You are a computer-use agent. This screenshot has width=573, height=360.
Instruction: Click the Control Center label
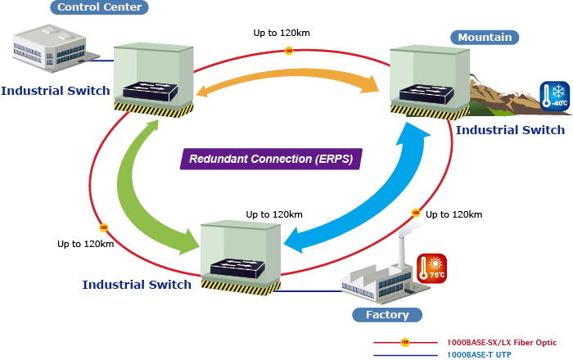(99, 7)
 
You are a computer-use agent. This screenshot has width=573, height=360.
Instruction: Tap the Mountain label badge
(485, 37)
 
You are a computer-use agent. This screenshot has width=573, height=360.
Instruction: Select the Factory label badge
(386, 314)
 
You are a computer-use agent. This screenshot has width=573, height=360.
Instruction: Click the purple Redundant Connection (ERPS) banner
(271, 159)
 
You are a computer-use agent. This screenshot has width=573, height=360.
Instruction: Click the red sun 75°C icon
(431, 268)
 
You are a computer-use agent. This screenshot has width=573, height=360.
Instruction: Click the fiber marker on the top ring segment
(288, 51)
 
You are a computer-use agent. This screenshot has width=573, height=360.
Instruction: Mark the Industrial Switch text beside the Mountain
(510, 130)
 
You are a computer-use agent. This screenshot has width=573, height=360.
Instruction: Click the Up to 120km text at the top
(282, 34)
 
